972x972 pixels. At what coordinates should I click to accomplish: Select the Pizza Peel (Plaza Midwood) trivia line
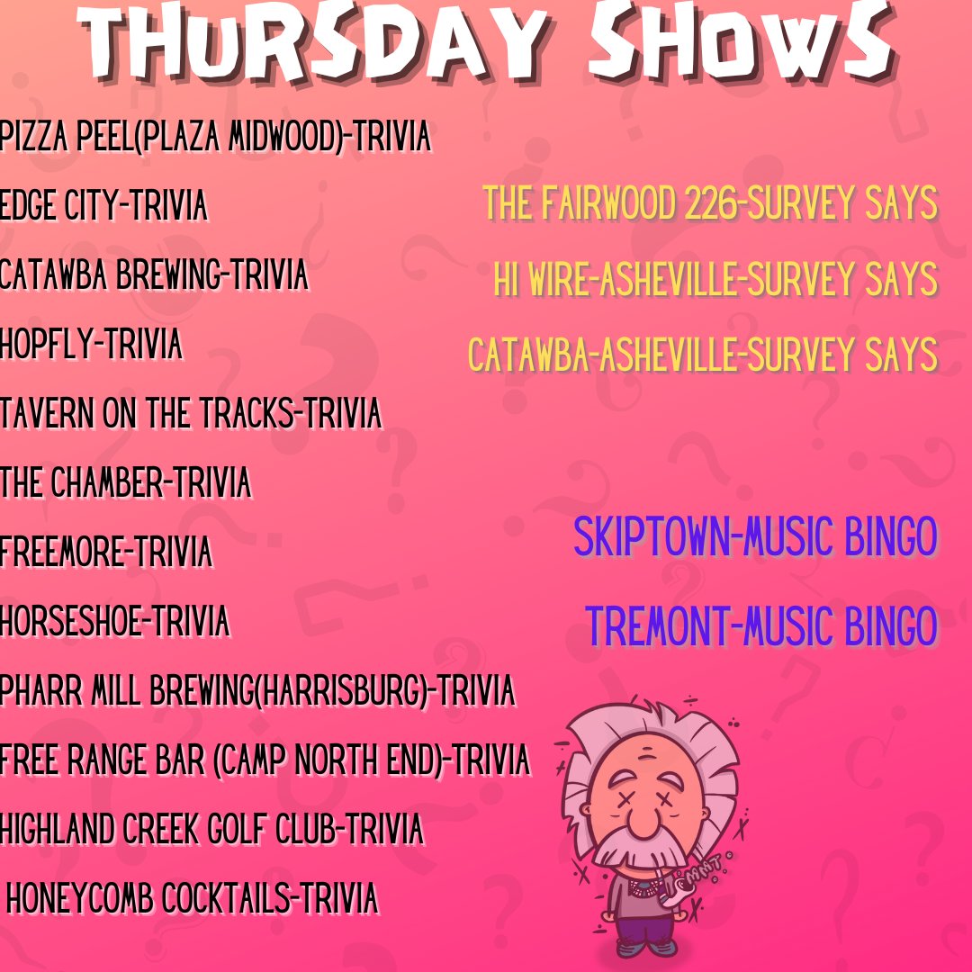(x=216, y=138)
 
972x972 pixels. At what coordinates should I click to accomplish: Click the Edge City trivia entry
(x=103, y=206)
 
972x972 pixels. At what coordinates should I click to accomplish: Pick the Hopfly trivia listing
(x=91, y=345)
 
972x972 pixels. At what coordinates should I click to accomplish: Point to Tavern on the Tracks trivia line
(x=191, y=414)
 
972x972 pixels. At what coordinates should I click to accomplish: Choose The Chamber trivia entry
(x=125, y=483)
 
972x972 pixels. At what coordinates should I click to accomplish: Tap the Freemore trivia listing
(x=106, y=552)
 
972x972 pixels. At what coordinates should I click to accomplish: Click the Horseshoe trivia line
(x=114, y=622)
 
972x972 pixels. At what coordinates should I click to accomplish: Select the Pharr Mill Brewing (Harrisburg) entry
(x=257, y=691)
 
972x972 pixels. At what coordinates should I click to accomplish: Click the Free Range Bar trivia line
(x=265, y=760)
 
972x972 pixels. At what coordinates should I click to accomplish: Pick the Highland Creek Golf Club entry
(x=211, y=829)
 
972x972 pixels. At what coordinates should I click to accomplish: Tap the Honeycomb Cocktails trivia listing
(x=192, y=898)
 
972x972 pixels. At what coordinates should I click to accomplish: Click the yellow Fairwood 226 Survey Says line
(x=710, y=204)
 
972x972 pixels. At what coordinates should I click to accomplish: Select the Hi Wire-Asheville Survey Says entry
(x=715, y=280)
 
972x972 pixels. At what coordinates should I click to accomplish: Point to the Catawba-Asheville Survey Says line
(x=703, y=355)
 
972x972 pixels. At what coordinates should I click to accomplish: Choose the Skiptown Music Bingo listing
(x=755, y=537)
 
